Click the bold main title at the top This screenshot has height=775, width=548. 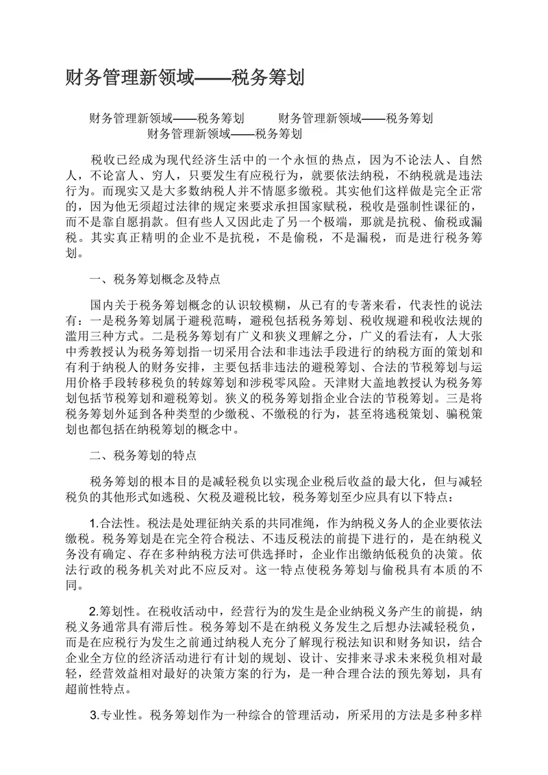pyautogui.click(x=184, y=77)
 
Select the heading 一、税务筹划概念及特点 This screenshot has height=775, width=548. pyautogui.click(x=155, y=279)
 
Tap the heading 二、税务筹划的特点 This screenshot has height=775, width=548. pyautogui.click(x=143, y=454)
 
